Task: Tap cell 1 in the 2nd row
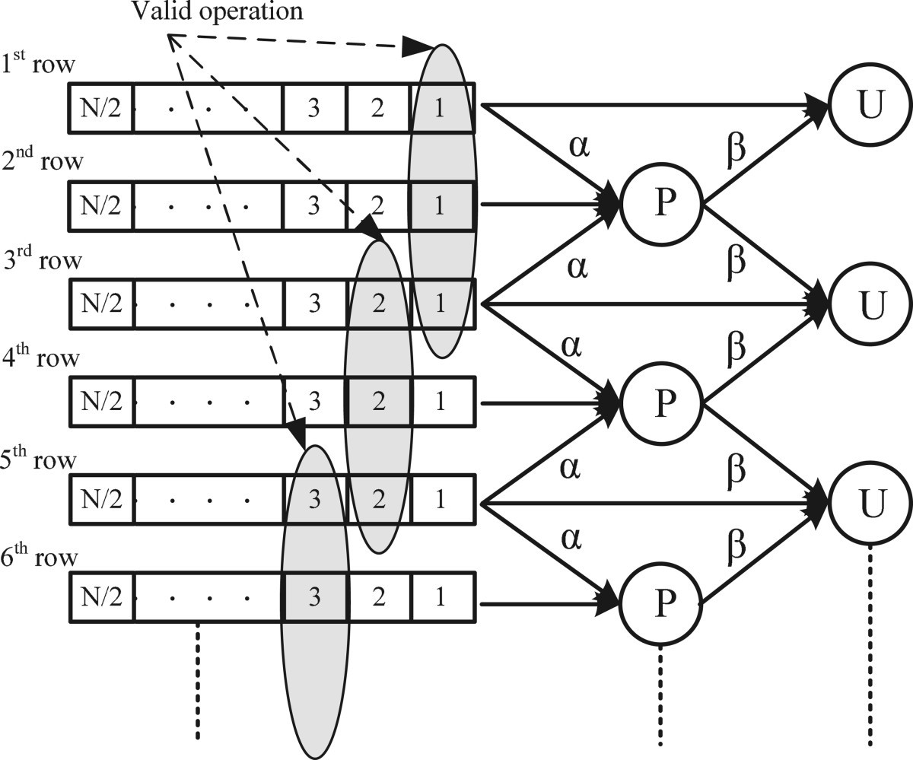(x=441, y=205)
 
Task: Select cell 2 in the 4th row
(x=378, y=402)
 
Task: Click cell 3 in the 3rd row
(x=314, y=304)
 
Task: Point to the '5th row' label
(x=40, y=461)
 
